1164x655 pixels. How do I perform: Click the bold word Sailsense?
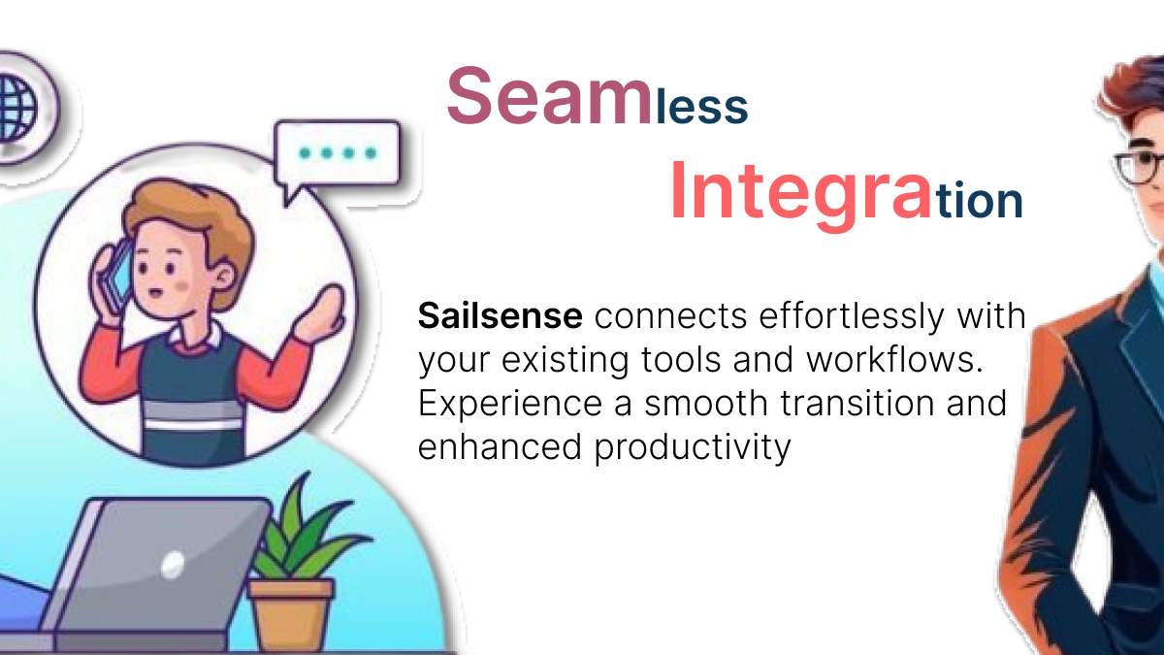[500, 315]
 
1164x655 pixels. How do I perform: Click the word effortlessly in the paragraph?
[852, 317]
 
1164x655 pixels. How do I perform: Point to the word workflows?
[894, 359]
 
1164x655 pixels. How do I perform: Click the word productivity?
[693, 448]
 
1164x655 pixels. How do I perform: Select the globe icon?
[20, 108]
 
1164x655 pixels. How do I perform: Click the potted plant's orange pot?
[291, 614]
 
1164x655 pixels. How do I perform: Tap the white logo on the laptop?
[173, 565]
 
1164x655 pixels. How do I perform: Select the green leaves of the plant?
[306, 530]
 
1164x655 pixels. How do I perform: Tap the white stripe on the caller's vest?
[193, 425]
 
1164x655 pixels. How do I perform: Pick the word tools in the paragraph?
[681, 359]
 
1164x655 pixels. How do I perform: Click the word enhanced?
[500, 447]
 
